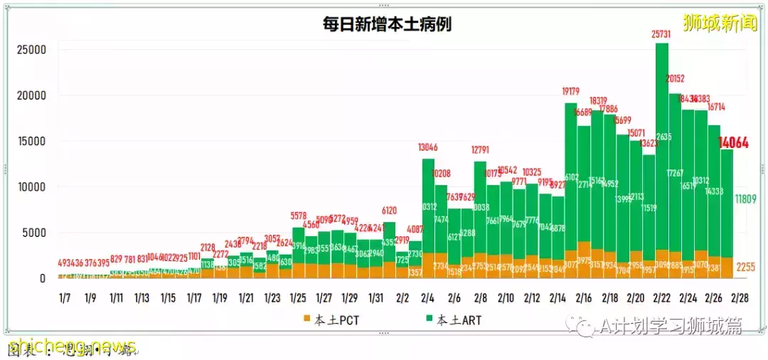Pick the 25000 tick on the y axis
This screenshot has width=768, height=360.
[x=31, y=50]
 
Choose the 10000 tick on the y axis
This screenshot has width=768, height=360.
[x=31, y=187]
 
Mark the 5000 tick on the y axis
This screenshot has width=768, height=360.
[x=34, y=233]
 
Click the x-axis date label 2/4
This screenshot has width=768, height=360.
[x=428, y=298]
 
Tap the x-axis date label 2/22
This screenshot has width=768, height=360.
[x=661, y=298]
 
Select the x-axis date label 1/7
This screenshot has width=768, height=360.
[x=65, y=298]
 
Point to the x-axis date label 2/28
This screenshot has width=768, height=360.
[x=740, y=298]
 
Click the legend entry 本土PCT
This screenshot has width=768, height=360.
[x=334, y=320]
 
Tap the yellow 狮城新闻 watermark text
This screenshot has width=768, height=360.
[x=720, y=23]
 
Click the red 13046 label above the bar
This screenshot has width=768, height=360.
[x=428, y=148]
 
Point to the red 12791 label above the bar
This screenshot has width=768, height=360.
[x=480, y=150]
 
